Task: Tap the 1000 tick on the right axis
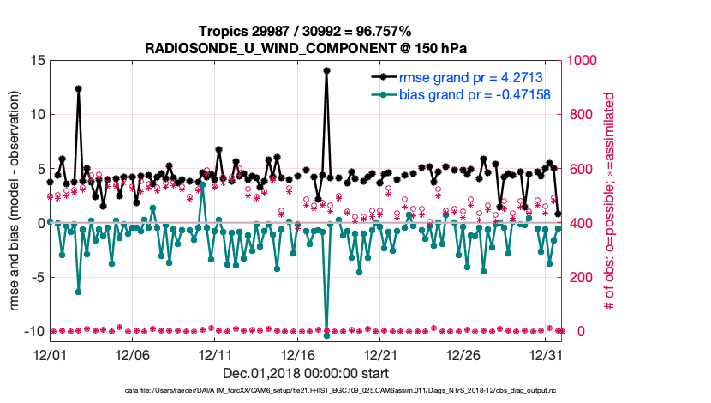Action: click(x=581, y=61)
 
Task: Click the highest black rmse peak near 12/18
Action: click(x=326, y=71)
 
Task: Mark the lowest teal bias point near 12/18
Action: click(x=326, y=335)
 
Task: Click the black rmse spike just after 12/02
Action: click(x=78, y=88)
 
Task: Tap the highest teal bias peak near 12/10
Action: click(x=202, y=183)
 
